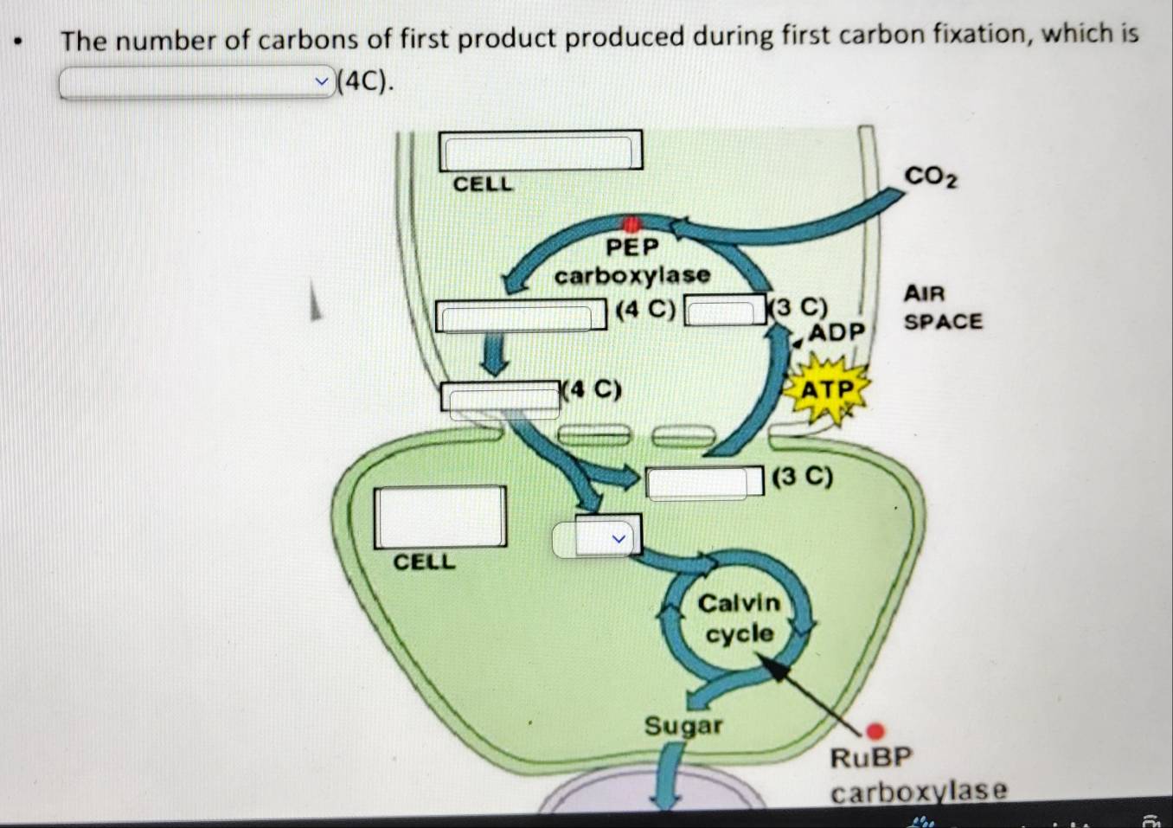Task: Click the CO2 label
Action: pyautogui.click(x=931, y=177)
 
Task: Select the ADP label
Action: pyautogui.click(x=836, y=331)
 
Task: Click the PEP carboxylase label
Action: pyautogui.click(x=632, y=261)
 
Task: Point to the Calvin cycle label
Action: pyautogui.click(x=739, y=619)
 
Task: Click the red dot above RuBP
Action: pyautogui.click(x=875, y=730)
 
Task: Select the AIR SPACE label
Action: pyautogui.click(x=943, y=307)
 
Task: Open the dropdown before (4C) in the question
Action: pyautogui.click(x=196, y=81)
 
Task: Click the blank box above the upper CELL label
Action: pyautogui.click(x=541, y=151)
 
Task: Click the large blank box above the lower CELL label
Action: pyautogui.click(x=439, y=517)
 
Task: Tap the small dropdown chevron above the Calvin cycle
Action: pyautogui.click(x=619, y=538)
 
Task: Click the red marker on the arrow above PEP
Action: pyautogui.click(x=631, y=224)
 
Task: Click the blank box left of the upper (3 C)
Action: pyautogui.click(x=725, y=311)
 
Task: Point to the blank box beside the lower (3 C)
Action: pyautogui.click(x=705, y=482)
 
